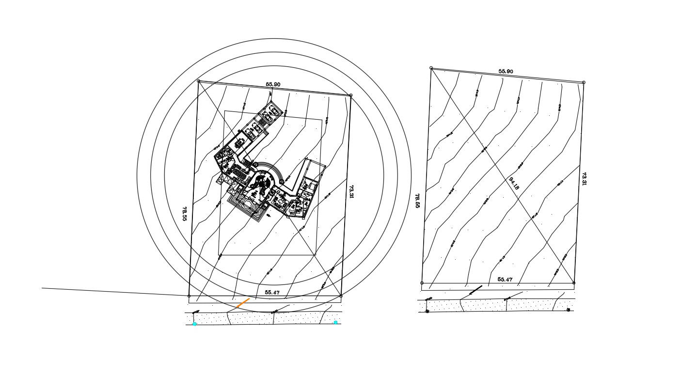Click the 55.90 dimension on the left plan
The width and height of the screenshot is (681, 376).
(x=273, y=84)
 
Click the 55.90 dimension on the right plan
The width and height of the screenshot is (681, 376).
(x=506, y=71)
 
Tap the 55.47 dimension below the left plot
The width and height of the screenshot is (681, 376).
(x=272, y=293)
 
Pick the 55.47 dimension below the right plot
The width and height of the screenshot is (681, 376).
(x=505, y=280)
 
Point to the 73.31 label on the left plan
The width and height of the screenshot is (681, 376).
(x=352, y=191)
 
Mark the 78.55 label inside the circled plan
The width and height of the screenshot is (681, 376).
(x=185, y=214)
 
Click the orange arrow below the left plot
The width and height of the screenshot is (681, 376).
(x=243, y=303)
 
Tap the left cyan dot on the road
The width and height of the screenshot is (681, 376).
(x=195, y=324)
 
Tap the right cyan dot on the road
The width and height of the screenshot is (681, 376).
(x=335, y=322)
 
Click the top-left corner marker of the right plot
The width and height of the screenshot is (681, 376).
(x=431, y=68)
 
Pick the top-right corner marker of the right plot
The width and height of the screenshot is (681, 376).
(x=583, y=82)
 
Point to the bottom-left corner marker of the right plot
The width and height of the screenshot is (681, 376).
(x=422, y=283)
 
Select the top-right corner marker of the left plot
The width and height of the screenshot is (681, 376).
(x=350, y=95)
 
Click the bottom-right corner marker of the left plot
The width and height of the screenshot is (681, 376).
(x=341, y=296)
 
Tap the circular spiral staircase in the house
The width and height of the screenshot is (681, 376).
(x=263, y=183)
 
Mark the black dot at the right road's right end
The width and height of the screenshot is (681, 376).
(x=568, y=310)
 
